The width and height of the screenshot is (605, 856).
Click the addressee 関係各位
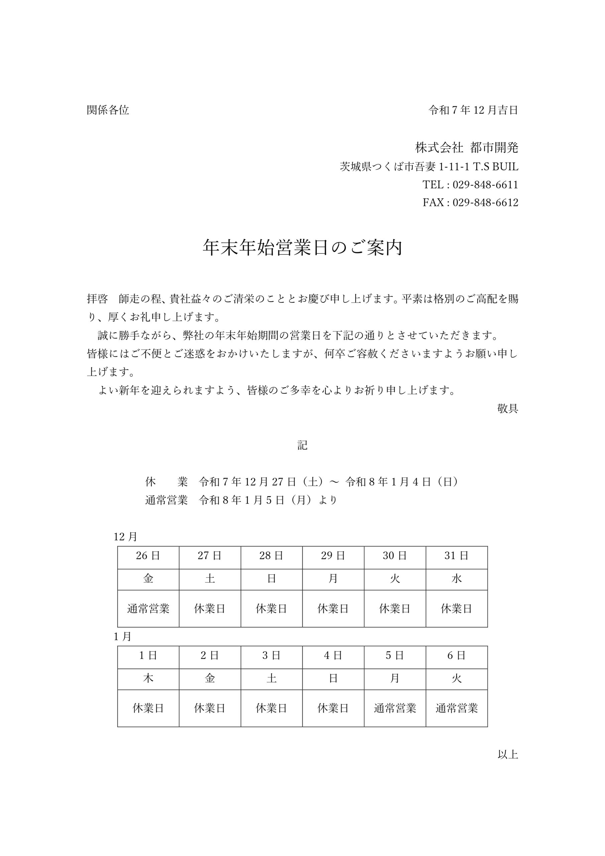point(108,110)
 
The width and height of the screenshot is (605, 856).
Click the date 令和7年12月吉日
point(473,110)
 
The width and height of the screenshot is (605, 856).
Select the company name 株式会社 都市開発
point(466,148)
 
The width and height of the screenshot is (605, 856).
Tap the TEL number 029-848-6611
point(485,185)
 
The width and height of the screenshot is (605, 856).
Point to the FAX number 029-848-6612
point(485,202)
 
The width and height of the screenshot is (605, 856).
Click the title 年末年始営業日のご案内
point(302,247)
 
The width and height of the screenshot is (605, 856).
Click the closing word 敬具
point(507,408)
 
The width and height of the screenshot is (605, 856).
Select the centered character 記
point(302,445)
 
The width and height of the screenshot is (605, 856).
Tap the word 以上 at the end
point(507,755)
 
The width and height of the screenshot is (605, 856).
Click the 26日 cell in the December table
point(148,556)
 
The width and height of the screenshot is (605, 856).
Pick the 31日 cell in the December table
point(456,556)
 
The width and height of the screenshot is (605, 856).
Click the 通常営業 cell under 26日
point(148,609)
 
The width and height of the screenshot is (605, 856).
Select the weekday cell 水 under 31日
point(456,578)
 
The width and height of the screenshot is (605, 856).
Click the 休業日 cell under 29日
point(333,609)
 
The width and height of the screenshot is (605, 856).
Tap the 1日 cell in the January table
point(148,655)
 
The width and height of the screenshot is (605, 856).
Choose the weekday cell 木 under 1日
point(148,678)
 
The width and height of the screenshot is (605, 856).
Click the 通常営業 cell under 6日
point(456,708)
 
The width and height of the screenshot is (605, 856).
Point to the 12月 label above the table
point(126,537)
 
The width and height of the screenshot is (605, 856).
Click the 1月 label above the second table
point(123,636)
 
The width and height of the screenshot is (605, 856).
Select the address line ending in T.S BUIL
point(429,167)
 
